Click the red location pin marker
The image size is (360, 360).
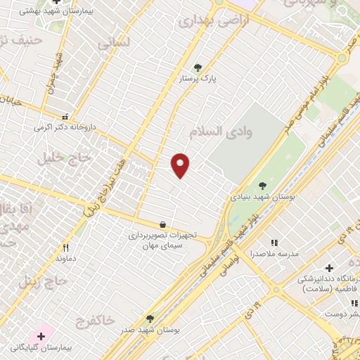click(x=181, y=165)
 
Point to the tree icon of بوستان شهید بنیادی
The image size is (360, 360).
click(x=262, y=186)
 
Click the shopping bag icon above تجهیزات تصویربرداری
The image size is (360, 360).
click(x=163, y=224)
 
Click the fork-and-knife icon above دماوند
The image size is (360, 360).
click(x=65, y=247)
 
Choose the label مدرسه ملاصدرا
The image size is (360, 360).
click(x=275, y=252)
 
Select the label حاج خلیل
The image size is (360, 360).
click(x=67, y=157)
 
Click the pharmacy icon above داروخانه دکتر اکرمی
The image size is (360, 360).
click(x=65, y=117)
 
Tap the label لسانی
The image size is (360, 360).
click(x=113, y=42)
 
